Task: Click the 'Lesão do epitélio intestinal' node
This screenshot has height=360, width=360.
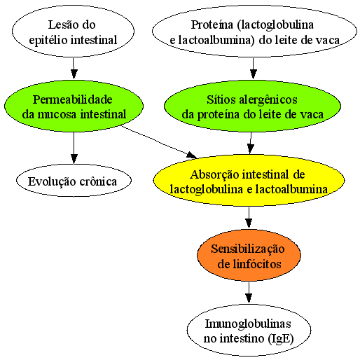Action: point(73,31)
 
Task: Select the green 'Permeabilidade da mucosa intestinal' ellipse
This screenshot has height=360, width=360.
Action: point(74,106)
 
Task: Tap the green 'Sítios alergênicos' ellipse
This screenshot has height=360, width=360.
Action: point(252,106)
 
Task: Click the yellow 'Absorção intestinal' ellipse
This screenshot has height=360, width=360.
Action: point(249,181)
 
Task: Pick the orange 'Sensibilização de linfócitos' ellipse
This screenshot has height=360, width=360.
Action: point(249,255)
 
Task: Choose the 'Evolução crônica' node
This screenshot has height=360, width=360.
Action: point(74,181)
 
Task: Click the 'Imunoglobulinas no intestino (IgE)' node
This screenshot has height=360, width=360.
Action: point(249,330)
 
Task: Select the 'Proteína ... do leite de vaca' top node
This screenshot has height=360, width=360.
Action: point(254,31)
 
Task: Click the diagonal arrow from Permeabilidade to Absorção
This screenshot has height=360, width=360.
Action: point(159,141)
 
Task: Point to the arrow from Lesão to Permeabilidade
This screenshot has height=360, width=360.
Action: point(74,69)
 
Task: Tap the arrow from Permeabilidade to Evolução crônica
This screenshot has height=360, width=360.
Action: point(74,148)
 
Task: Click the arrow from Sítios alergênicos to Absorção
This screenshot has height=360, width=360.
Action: point(251,144)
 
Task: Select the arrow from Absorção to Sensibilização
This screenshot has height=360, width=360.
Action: point(249,218)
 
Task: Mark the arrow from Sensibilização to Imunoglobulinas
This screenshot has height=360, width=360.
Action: point(249,292)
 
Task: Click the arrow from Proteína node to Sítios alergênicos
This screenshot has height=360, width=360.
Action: point(254,69)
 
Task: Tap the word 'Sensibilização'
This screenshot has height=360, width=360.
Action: point(248,249)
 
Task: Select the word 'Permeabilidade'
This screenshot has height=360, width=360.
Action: point(73,99)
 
